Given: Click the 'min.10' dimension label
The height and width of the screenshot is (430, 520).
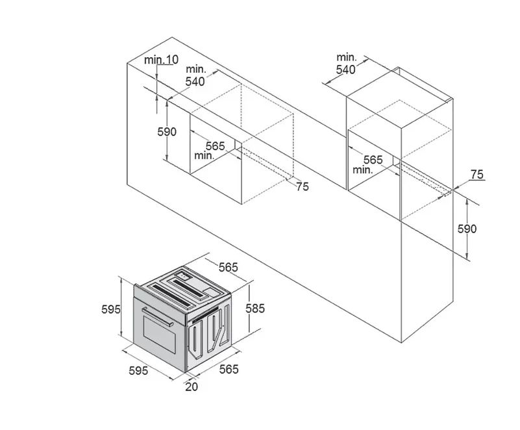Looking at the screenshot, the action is [161, 60].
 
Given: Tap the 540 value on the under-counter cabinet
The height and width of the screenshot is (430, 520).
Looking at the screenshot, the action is [195, 81].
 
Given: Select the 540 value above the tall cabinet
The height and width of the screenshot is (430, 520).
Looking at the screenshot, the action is [345, 70].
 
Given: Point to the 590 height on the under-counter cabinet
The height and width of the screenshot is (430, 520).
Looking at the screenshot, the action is [167, 132].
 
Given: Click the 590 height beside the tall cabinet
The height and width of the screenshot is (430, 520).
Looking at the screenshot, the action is [467, 229].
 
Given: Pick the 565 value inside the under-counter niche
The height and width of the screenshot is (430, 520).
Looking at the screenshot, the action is [216, 146].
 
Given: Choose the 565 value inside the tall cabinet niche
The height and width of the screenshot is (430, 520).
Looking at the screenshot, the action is [373, 160].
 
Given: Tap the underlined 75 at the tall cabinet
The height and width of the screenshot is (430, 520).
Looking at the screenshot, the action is [477, 175].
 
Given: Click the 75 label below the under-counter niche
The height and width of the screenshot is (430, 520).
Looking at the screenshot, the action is [302, 187].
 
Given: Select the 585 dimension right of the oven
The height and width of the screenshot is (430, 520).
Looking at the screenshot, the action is [255, 309].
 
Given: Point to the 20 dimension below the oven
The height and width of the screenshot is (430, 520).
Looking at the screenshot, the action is [192, 386].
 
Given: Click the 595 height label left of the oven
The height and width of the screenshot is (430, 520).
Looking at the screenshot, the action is [111, 309].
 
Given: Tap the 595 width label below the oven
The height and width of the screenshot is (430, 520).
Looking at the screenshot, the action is [138, 371].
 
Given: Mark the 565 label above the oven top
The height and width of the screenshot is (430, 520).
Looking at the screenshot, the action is [228, 267].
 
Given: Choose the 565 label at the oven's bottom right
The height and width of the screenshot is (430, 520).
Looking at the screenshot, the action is [229, 369].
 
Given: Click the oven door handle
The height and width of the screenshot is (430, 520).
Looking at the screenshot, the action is [157, 317].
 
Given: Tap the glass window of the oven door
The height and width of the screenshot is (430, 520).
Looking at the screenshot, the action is [160, 334].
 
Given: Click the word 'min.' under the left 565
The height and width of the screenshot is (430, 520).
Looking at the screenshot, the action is [204, 155].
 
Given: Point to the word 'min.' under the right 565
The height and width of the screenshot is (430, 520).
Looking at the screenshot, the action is [363, 170].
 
